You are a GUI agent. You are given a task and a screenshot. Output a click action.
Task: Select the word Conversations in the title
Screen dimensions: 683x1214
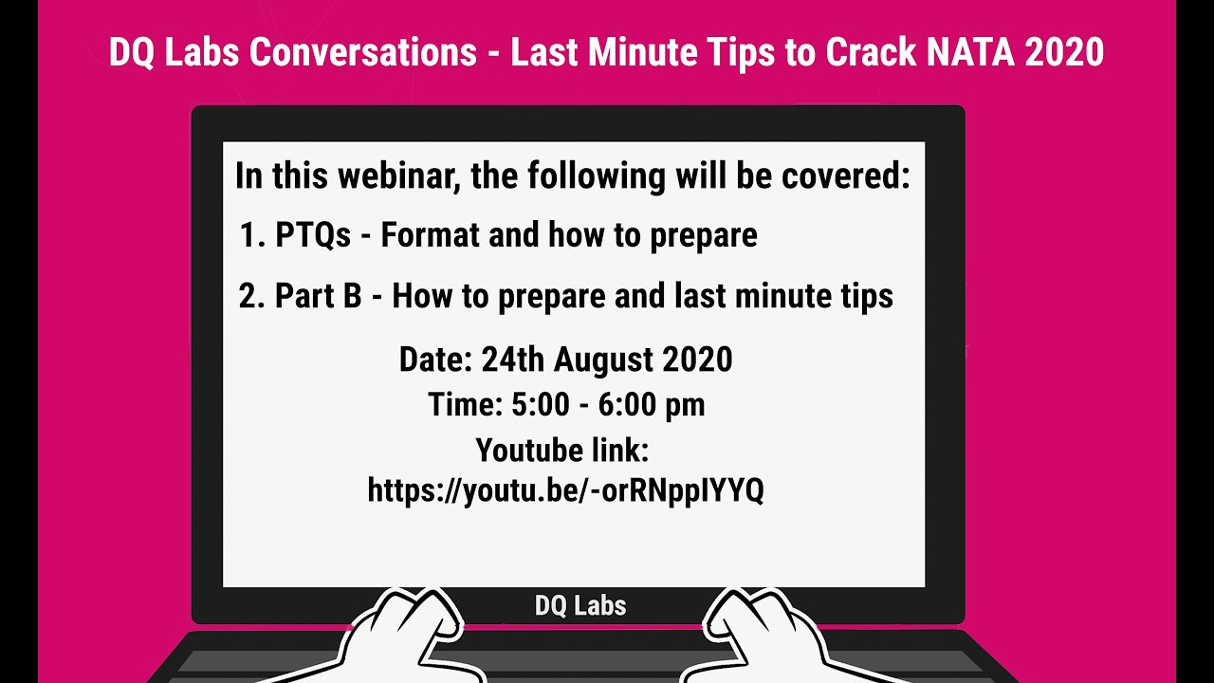pos(363,52)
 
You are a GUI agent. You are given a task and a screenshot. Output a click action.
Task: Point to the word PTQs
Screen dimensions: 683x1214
pos(313,235)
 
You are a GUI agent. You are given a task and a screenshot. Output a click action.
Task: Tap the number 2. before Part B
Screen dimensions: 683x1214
pos(251,296)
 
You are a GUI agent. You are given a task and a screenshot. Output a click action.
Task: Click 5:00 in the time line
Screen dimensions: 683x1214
pos(539,405)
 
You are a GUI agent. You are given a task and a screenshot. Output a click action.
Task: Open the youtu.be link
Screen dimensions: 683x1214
pos(565,490)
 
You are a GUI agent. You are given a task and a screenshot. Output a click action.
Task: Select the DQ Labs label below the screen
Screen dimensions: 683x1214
pos(580,605)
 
